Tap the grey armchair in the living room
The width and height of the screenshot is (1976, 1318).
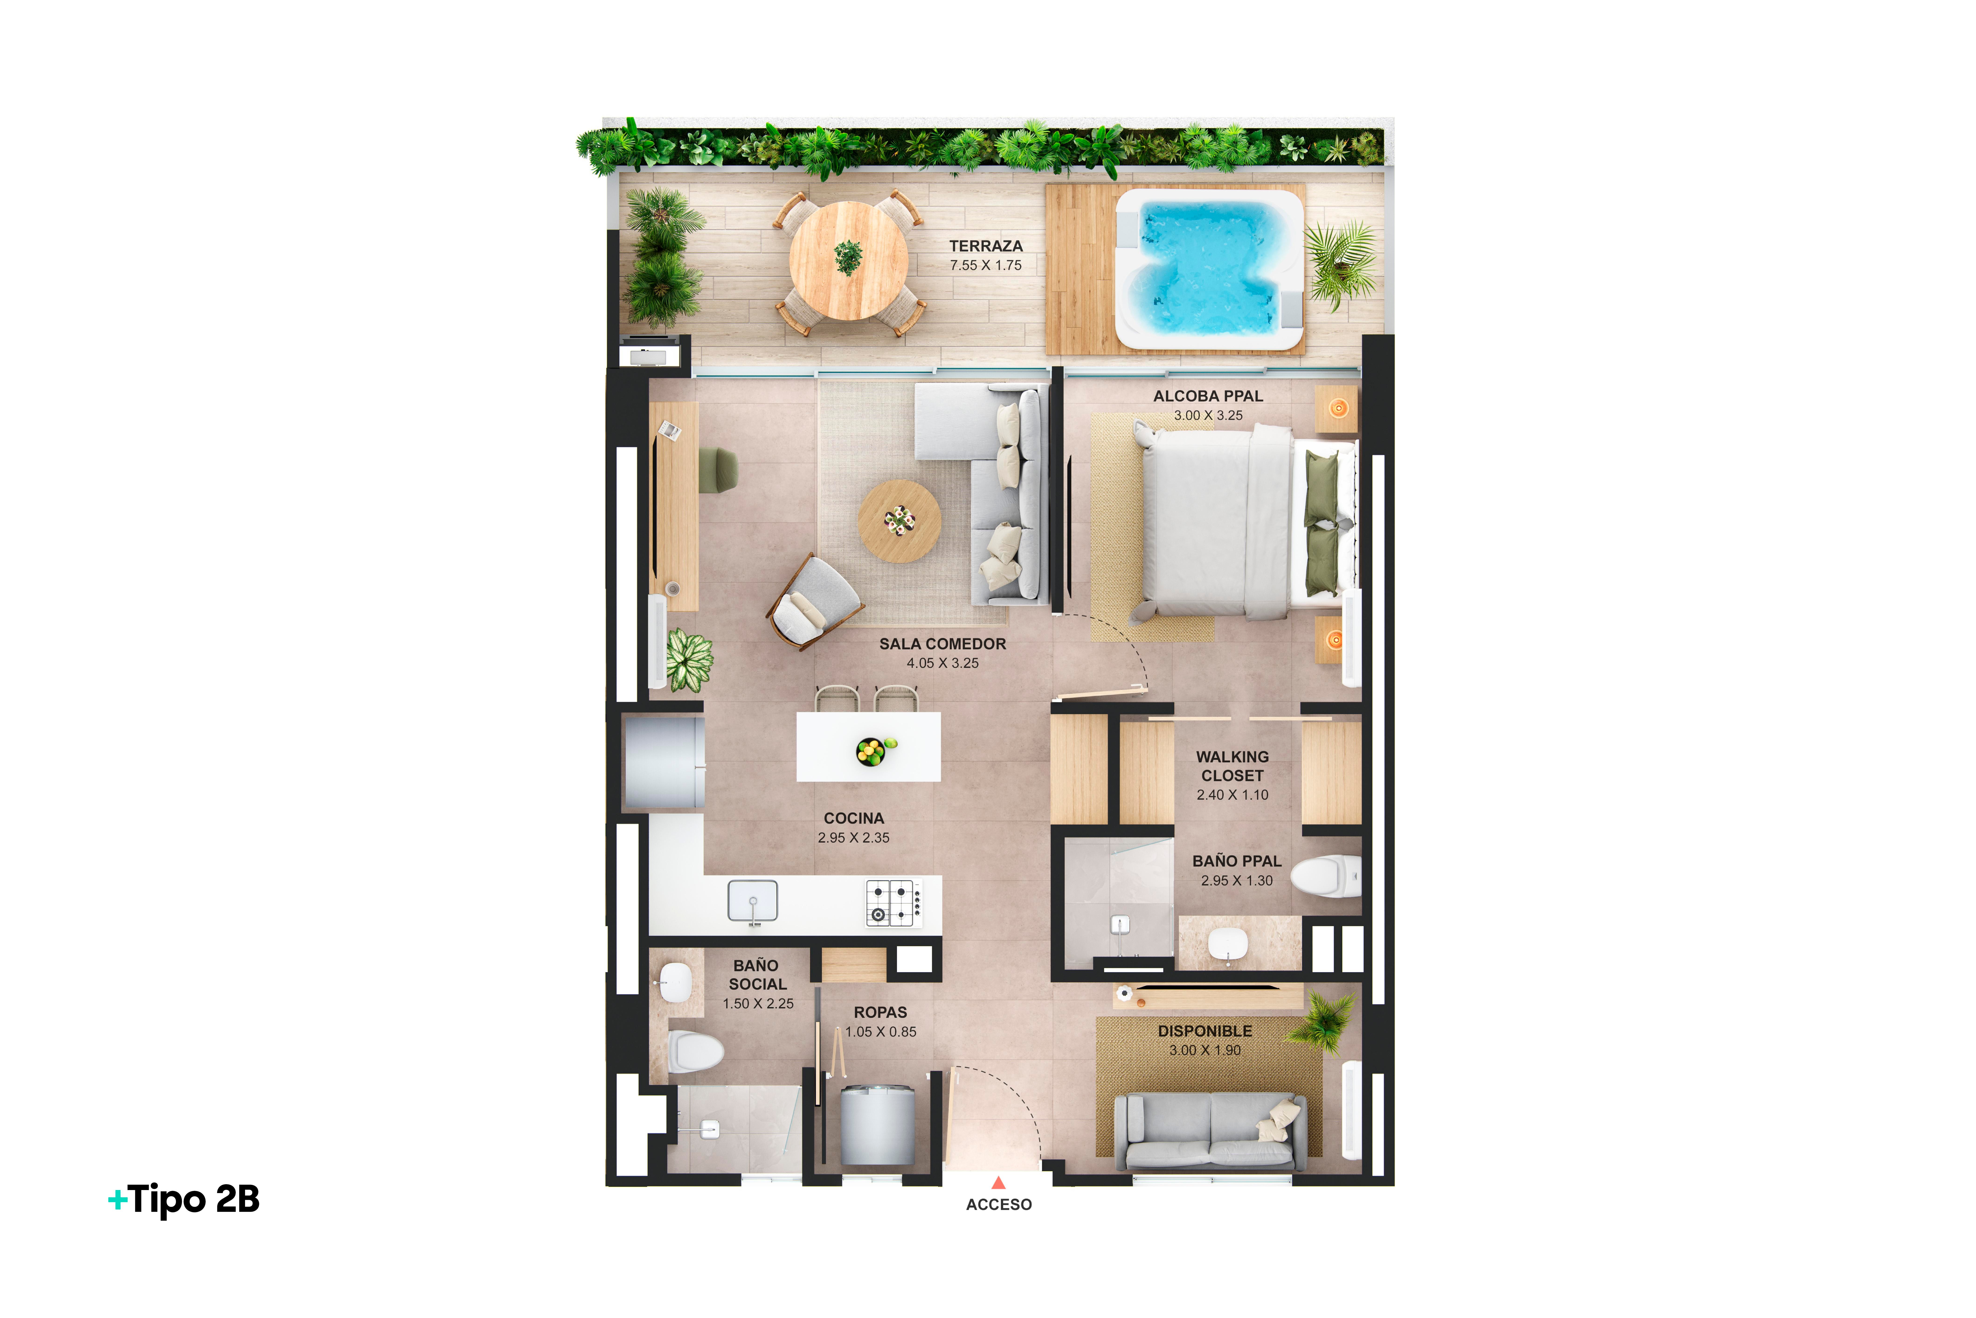pyautogui.click(x=814, y=602)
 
